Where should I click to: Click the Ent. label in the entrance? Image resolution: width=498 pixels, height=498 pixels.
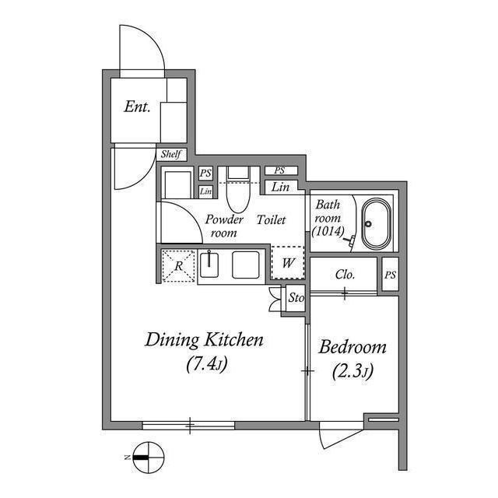click(x=137, y=107)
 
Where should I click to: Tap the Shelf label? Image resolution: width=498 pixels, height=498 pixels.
click(x=171, y=155)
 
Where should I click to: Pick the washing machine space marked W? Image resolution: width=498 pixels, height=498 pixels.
click(x=287, y=263)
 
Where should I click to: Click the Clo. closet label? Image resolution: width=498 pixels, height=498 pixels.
click(x=345, y=275)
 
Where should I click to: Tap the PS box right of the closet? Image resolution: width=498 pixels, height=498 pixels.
click(x=389, y=275)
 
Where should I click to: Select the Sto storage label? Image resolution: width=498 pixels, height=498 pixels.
click(x=295, y=297)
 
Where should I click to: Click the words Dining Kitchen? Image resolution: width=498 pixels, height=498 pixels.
click(x=205, y=340)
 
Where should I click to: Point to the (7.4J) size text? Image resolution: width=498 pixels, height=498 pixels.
click(x=205, y=363)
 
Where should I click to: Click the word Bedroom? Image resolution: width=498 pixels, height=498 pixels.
click(x=352, y=347)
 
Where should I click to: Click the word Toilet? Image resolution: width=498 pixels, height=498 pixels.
click(x=271, y=219)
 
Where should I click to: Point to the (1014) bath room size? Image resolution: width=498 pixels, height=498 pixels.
click(x=328, y=232)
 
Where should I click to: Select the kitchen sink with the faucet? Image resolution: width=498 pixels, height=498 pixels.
click(x=210, y=265)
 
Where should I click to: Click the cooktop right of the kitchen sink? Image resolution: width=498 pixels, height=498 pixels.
click(x=246, y=265)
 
